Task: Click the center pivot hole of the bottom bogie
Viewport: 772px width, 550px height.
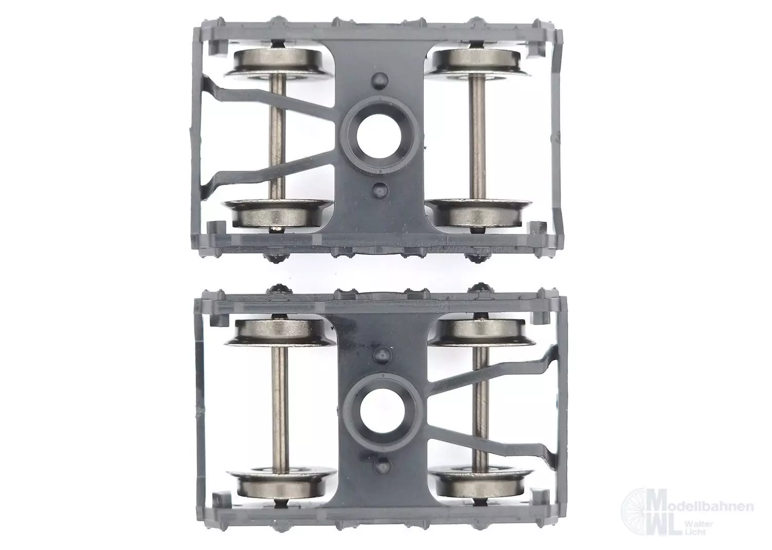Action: click(382, 413)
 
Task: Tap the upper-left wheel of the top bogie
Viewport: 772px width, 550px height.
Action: click(278, 64)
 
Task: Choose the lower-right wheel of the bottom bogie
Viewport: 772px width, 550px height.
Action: click(481, 483)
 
